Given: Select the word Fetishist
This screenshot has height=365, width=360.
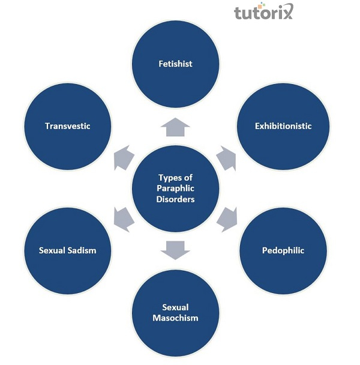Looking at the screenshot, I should click(x=176, y=64).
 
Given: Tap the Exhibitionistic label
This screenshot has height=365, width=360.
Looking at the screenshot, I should click(x=283, y=126).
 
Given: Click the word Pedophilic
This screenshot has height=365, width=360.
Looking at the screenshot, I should click(x=283, y=250).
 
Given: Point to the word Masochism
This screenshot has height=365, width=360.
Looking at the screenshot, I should click(x=176, y=318).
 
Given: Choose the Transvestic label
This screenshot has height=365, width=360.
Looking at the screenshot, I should click(x=67, y=126).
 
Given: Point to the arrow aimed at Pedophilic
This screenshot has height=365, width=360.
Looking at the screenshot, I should click(x=226, y=219).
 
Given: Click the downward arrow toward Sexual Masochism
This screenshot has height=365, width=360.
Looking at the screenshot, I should click(x=176, y=248).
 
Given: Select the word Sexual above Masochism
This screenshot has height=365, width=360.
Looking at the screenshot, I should click(x=176, y=307).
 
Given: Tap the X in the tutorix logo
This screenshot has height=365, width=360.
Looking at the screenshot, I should click(x=288, y=13).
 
